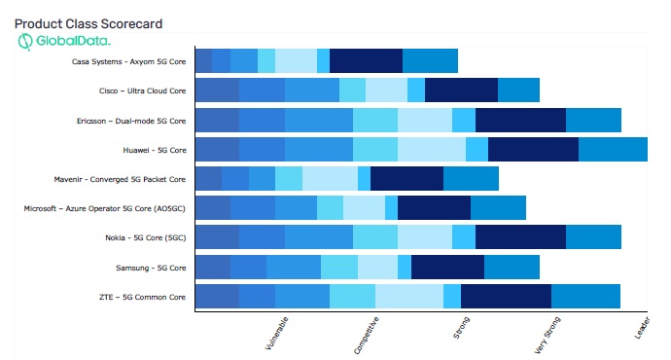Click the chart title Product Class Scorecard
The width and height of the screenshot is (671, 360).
click(88, 22)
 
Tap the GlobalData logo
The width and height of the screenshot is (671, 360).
click(64, 42)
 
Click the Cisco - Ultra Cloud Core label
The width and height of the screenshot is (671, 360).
click(135, 90)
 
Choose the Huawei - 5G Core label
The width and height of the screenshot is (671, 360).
click(154, 150)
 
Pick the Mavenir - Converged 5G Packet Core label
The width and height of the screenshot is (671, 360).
click(121, 179)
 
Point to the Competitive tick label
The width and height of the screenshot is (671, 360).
click(367, 334)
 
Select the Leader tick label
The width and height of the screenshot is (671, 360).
click(642, 329)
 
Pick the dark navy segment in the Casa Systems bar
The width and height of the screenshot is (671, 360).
click(366, 60)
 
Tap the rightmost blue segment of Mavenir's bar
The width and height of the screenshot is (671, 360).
click(471, 178)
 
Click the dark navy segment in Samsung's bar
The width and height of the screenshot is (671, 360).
click(447, 267)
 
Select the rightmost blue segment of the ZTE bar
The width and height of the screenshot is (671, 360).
click(585, 296)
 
